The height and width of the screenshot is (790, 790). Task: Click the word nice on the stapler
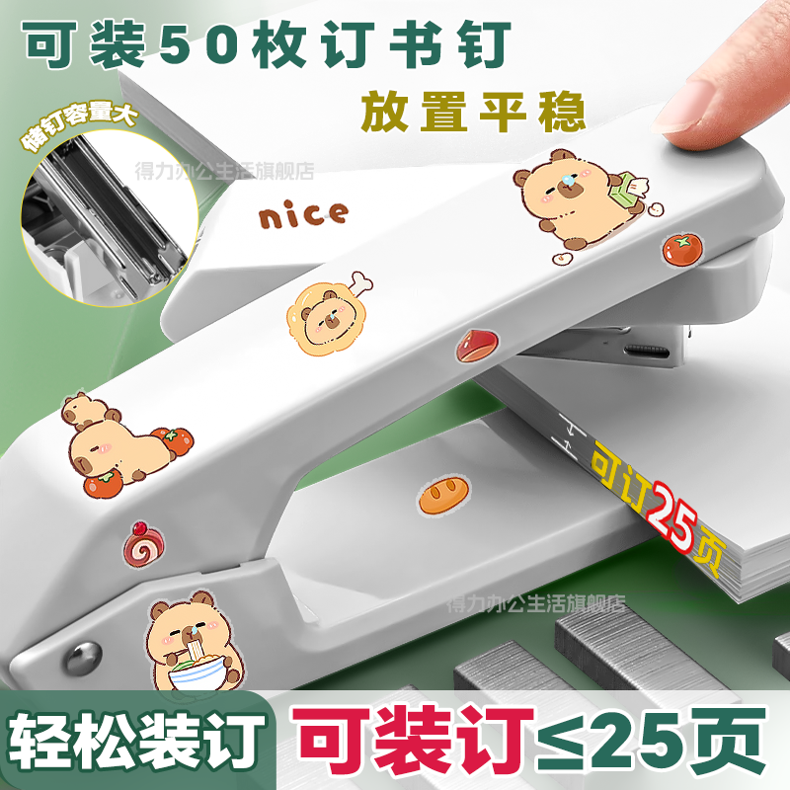pyautogui.click(x=303, y=214)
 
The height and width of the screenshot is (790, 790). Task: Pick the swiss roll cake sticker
pyautogui.click(x=144, y=544)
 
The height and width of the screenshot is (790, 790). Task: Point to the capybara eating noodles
pyautogui.click(x=195, y=641)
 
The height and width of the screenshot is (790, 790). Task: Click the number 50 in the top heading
pyautogui.click(x=200, y=44)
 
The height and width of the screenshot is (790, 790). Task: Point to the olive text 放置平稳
pyautogui.click(x=473, y=112)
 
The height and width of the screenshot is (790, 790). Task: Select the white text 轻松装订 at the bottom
pyautogui.click(x=136, y=739)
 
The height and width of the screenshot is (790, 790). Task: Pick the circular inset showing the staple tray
pyautogui.click(x=110, y=219)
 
